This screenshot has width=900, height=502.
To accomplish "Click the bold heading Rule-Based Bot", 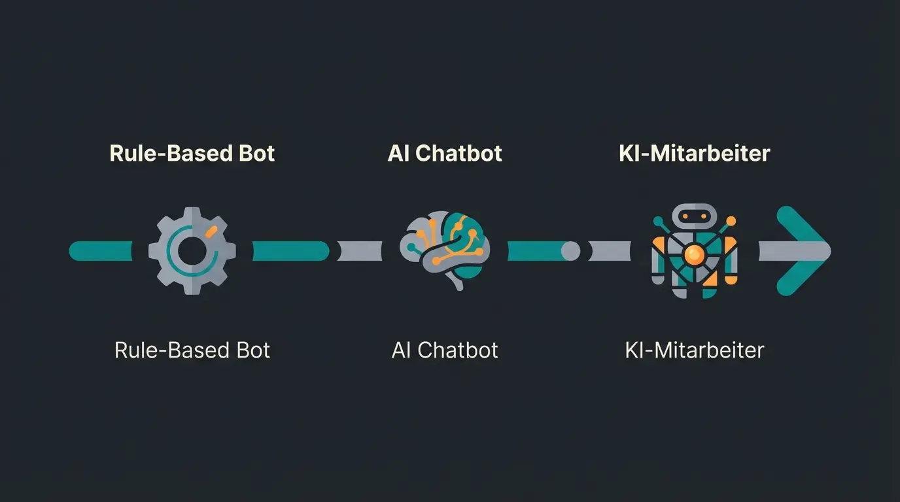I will click(x=192, y=153).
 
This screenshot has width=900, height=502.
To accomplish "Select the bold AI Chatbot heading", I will click(x=445, y=153).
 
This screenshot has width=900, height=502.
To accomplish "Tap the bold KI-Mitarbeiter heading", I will click(x=694, y=153).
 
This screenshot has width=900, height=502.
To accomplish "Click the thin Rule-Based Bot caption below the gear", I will click(x=192, y=350).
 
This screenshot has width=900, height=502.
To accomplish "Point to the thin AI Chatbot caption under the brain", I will click(x=445, y=350).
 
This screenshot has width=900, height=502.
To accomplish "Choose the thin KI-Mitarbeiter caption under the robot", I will click(x=694, y=350).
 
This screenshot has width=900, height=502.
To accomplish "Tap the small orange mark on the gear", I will click(x=210, y=231).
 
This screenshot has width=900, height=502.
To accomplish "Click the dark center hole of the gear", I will click(x=192, y=251).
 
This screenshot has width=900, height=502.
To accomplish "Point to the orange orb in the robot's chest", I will click(x=695, y=254).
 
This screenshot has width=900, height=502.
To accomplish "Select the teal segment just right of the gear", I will click(x=290, y=251).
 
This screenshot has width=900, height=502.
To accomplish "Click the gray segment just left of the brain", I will click(x=360, y=251).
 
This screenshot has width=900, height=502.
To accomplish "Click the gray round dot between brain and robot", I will click(x=570, y=251).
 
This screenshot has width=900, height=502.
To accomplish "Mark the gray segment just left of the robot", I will click(x=610, y=251).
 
